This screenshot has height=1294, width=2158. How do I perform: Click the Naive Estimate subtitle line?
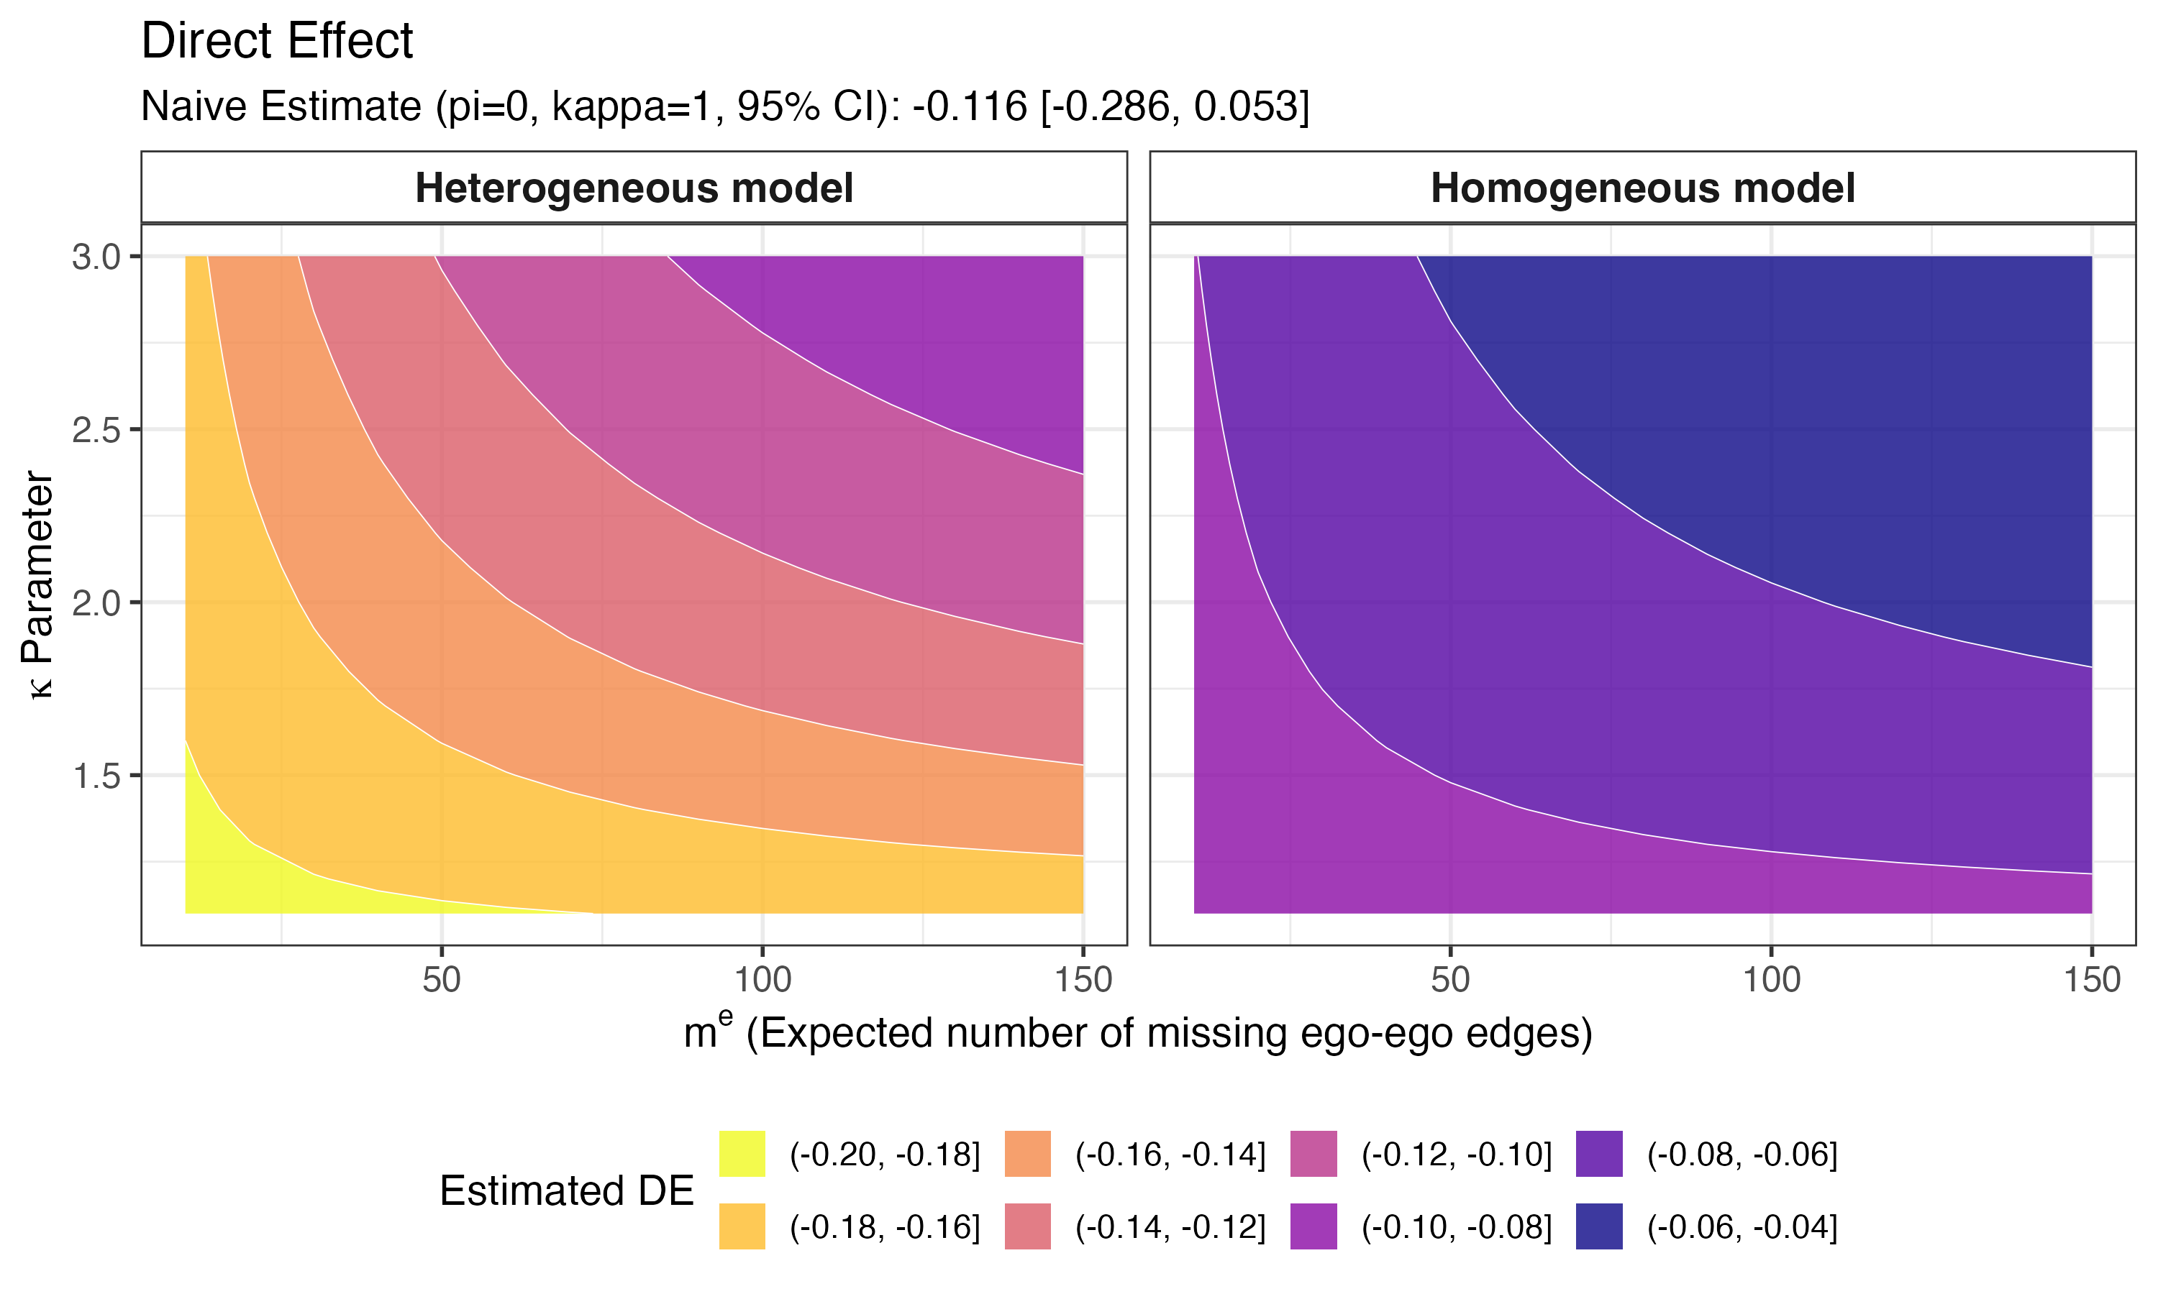(x=724, y=106)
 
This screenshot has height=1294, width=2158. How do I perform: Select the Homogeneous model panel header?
(x=1642, y=188)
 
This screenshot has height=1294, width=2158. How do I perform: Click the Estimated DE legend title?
(x=566, y=1190)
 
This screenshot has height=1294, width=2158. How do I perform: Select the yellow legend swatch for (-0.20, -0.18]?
(x=742, y=1154)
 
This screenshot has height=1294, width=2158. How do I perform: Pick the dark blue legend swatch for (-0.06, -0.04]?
(x=1598, y=1226)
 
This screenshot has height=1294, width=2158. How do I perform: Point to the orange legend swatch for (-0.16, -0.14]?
(x=1026, y=1154)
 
